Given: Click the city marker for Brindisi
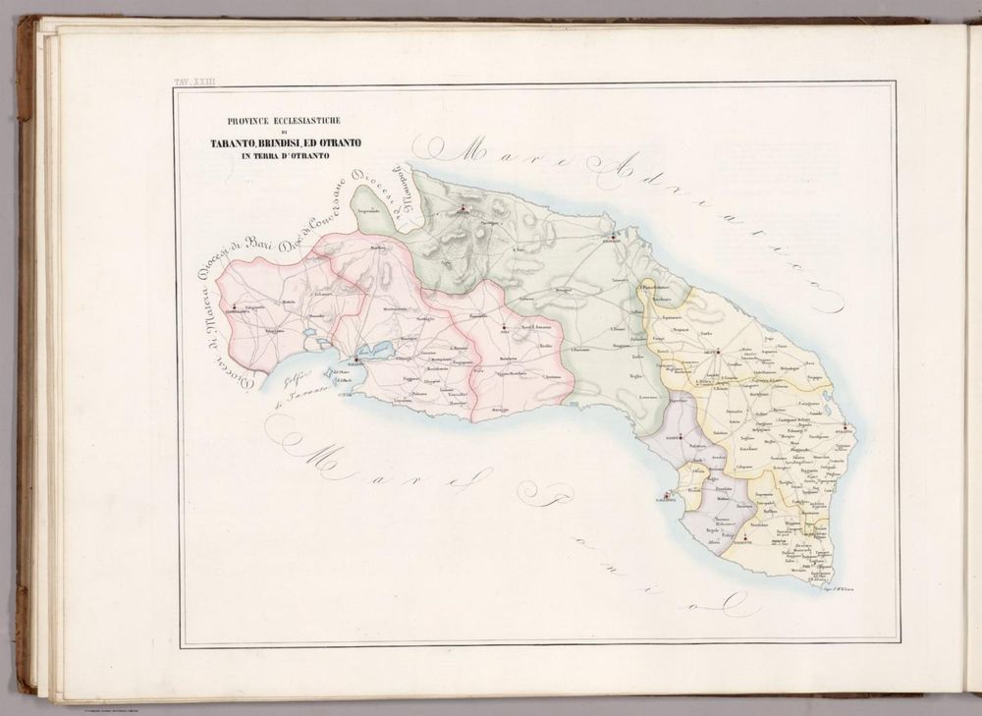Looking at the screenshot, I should pyautogui.click(x=613, y=237).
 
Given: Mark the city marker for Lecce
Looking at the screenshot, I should pyautogui.click(x=718, y=351).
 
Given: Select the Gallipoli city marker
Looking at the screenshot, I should pyautogui.click(x=667, y=495).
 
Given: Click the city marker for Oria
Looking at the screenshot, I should pyautogui.click(x=504, y=327).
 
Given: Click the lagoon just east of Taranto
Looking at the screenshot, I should pyautogui.click(x=379, y=350).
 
